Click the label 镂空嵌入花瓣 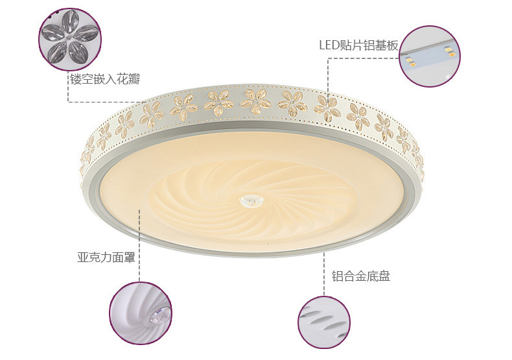click(105, 80)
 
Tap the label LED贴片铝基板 click(358, 45)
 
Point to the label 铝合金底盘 click(361, 277)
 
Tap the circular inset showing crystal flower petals click(69, 38)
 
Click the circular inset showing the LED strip click(430, 55)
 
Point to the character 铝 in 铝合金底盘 click(338, 277)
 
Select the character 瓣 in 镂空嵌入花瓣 click(134, 80)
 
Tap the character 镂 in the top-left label click(76, 80)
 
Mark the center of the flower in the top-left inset click(69, 39)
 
